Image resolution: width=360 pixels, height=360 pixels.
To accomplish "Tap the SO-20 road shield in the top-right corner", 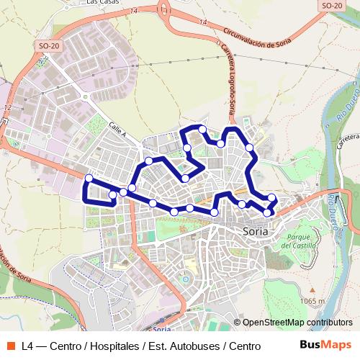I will click(330, 5).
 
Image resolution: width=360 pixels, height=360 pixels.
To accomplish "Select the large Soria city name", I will click(252, 232).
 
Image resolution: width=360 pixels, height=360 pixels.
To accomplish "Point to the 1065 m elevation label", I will click(312, 301).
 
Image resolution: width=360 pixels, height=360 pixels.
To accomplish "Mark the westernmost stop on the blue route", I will click(89, 178).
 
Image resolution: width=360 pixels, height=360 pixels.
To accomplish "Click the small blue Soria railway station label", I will click(161, 329).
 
